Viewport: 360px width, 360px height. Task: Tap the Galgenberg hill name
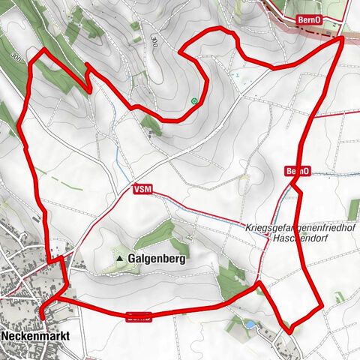point(157,258)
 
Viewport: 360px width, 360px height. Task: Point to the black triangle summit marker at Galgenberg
point(119,259)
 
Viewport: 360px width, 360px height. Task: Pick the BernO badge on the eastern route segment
point(298,172)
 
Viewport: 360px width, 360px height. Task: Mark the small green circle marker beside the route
point(195,101)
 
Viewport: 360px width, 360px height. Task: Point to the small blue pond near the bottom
point(247,323)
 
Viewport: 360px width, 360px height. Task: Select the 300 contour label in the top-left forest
point(16,55)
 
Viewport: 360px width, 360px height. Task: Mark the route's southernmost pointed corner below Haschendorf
point(289,331)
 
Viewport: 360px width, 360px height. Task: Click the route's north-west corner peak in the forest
point(44,49)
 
